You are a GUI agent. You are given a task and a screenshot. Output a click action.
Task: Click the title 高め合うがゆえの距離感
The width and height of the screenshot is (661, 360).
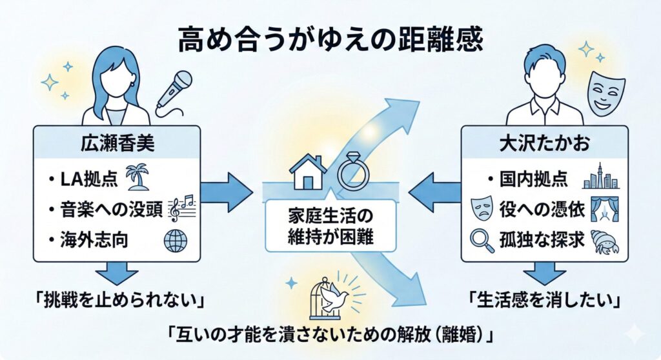coord(330,41)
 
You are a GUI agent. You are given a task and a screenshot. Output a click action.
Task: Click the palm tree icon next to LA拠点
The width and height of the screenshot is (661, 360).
coord(139,177)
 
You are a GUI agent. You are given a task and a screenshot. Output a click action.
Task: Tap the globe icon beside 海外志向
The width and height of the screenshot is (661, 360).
coord(175,240)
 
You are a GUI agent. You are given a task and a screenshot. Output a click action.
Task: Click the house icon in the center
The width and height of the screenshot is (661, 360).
coord(308,172)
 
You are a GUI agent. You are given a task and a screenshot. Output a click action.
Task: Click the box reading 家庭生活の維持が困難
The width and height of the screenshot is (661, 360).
coord(331,225)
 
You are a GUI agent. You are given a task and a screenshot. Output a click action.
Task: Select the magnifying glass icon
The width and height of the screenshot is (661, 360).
coord(478,241)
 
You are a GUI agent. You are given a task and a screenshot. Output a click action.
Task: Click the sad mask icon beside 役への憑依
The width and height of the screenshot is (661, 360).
coord(478,209)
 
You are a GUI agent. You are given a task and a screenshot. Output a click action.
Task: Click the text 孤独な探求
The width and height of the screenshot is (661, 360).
coord(542,240)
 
